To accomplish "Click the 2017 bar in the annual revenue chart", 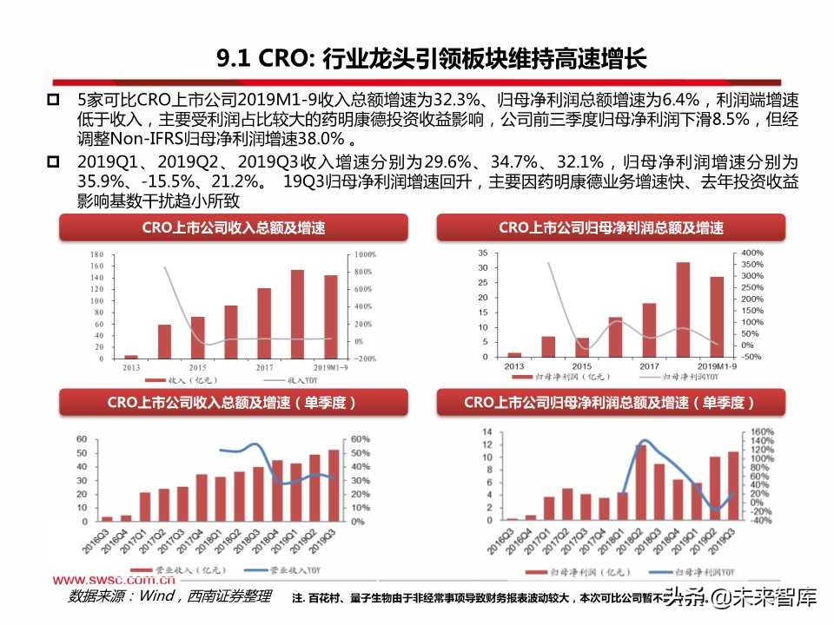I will [264, 323].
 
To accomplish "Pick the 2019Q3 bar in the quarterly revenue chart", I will [334, 484].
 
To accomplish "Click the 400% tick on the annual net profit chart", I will [752, 252].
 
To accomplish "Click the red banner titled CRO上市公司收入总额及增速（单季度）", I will [232, 403].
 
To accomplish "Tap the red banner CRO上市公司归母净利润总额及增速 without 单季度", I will [611, 227].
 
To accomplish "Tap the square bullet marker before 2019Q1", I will [54, 162].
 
